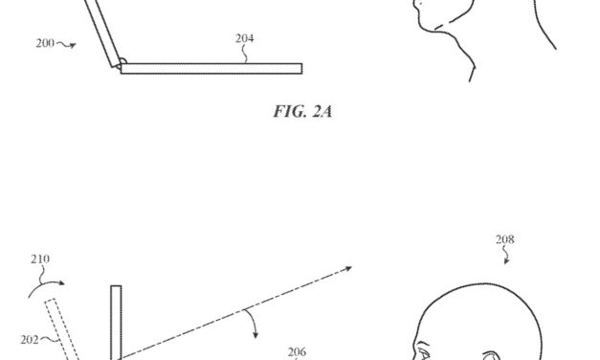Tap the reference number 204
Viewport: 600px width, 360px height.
pyautogui.click(x=245, y=39)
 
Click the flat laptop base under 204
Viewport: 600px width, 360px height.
pyautogui.click(x=211, y=69)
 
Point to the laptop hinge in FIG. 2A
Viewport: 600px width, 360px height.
pyautogui.click(x=119, y=65)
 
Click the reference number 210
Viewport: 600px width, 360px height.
pyautogui.click(x=40, y=259)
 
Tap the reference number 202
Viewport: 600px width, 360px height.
pyautogui.click(x=30, y=338)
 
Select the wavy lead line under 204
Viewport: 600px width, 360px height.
pyautogui.click(x=247, y=54)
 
